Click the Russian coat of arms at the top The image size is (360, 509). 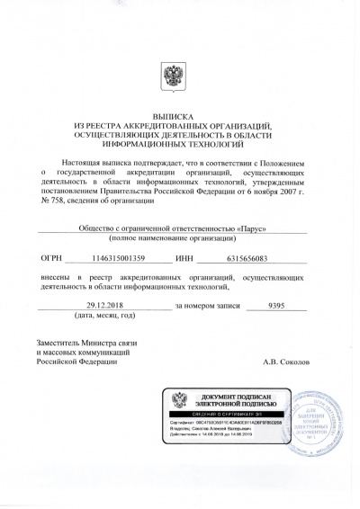(x=179, y=76)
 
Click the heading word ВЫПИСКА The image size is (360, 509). (x=179, y=116)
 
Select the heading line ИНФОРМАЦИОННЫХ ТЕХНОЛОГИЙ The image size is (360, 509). (x=179, y=142)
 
